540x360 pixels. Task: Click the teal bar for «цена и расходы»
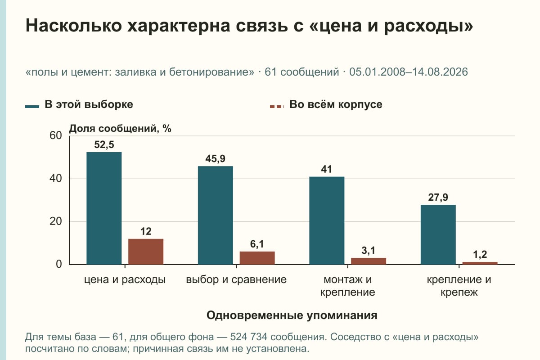click(x=104, y=208)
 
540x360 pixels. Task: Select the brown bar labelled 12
click(x=146, y=252)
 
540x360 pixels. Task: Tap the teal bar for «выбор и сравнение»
click(x=215, y=215)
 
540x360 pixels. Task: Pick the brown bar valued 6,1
click(x=257, y=258)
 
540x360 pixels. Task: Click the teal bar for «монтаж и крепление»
click(x=327, y=220)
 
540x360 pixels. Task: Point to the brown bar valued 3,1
click(x=369, y=261)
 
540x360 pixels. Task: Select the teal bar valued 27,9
click(x=438, y=234)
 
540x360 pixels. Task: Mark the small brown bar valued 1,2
click(x=480, y=263)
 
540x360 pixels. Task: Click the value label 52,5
click(x=104, y=145)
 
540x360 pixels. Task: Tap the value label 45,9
click(x=215, y=159)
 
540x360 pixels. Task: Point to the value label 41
click(x=326, y=169)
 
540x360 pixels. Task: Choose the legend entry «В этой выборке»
click(x=79, y=105)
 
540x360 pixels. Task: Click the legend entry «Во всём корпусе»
click(x=326, y=105)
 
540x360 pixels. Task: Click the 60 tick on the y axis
click(x=56, y=135)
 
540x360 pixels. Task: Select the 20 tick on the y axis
click(x=56, y=221)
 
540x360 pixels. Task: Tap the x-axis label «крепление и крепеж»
click(x=459, y=286)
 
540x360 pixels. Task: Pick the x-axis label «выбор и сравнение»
click(x=236, y=280)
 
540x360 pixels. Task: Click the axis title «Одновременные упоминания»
click(x=292, y=315)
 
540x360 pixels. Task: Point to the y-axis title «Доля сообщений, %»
click(x=120, y=129)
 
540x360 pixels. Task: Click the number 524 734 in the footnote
click(x=248, y=337)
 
